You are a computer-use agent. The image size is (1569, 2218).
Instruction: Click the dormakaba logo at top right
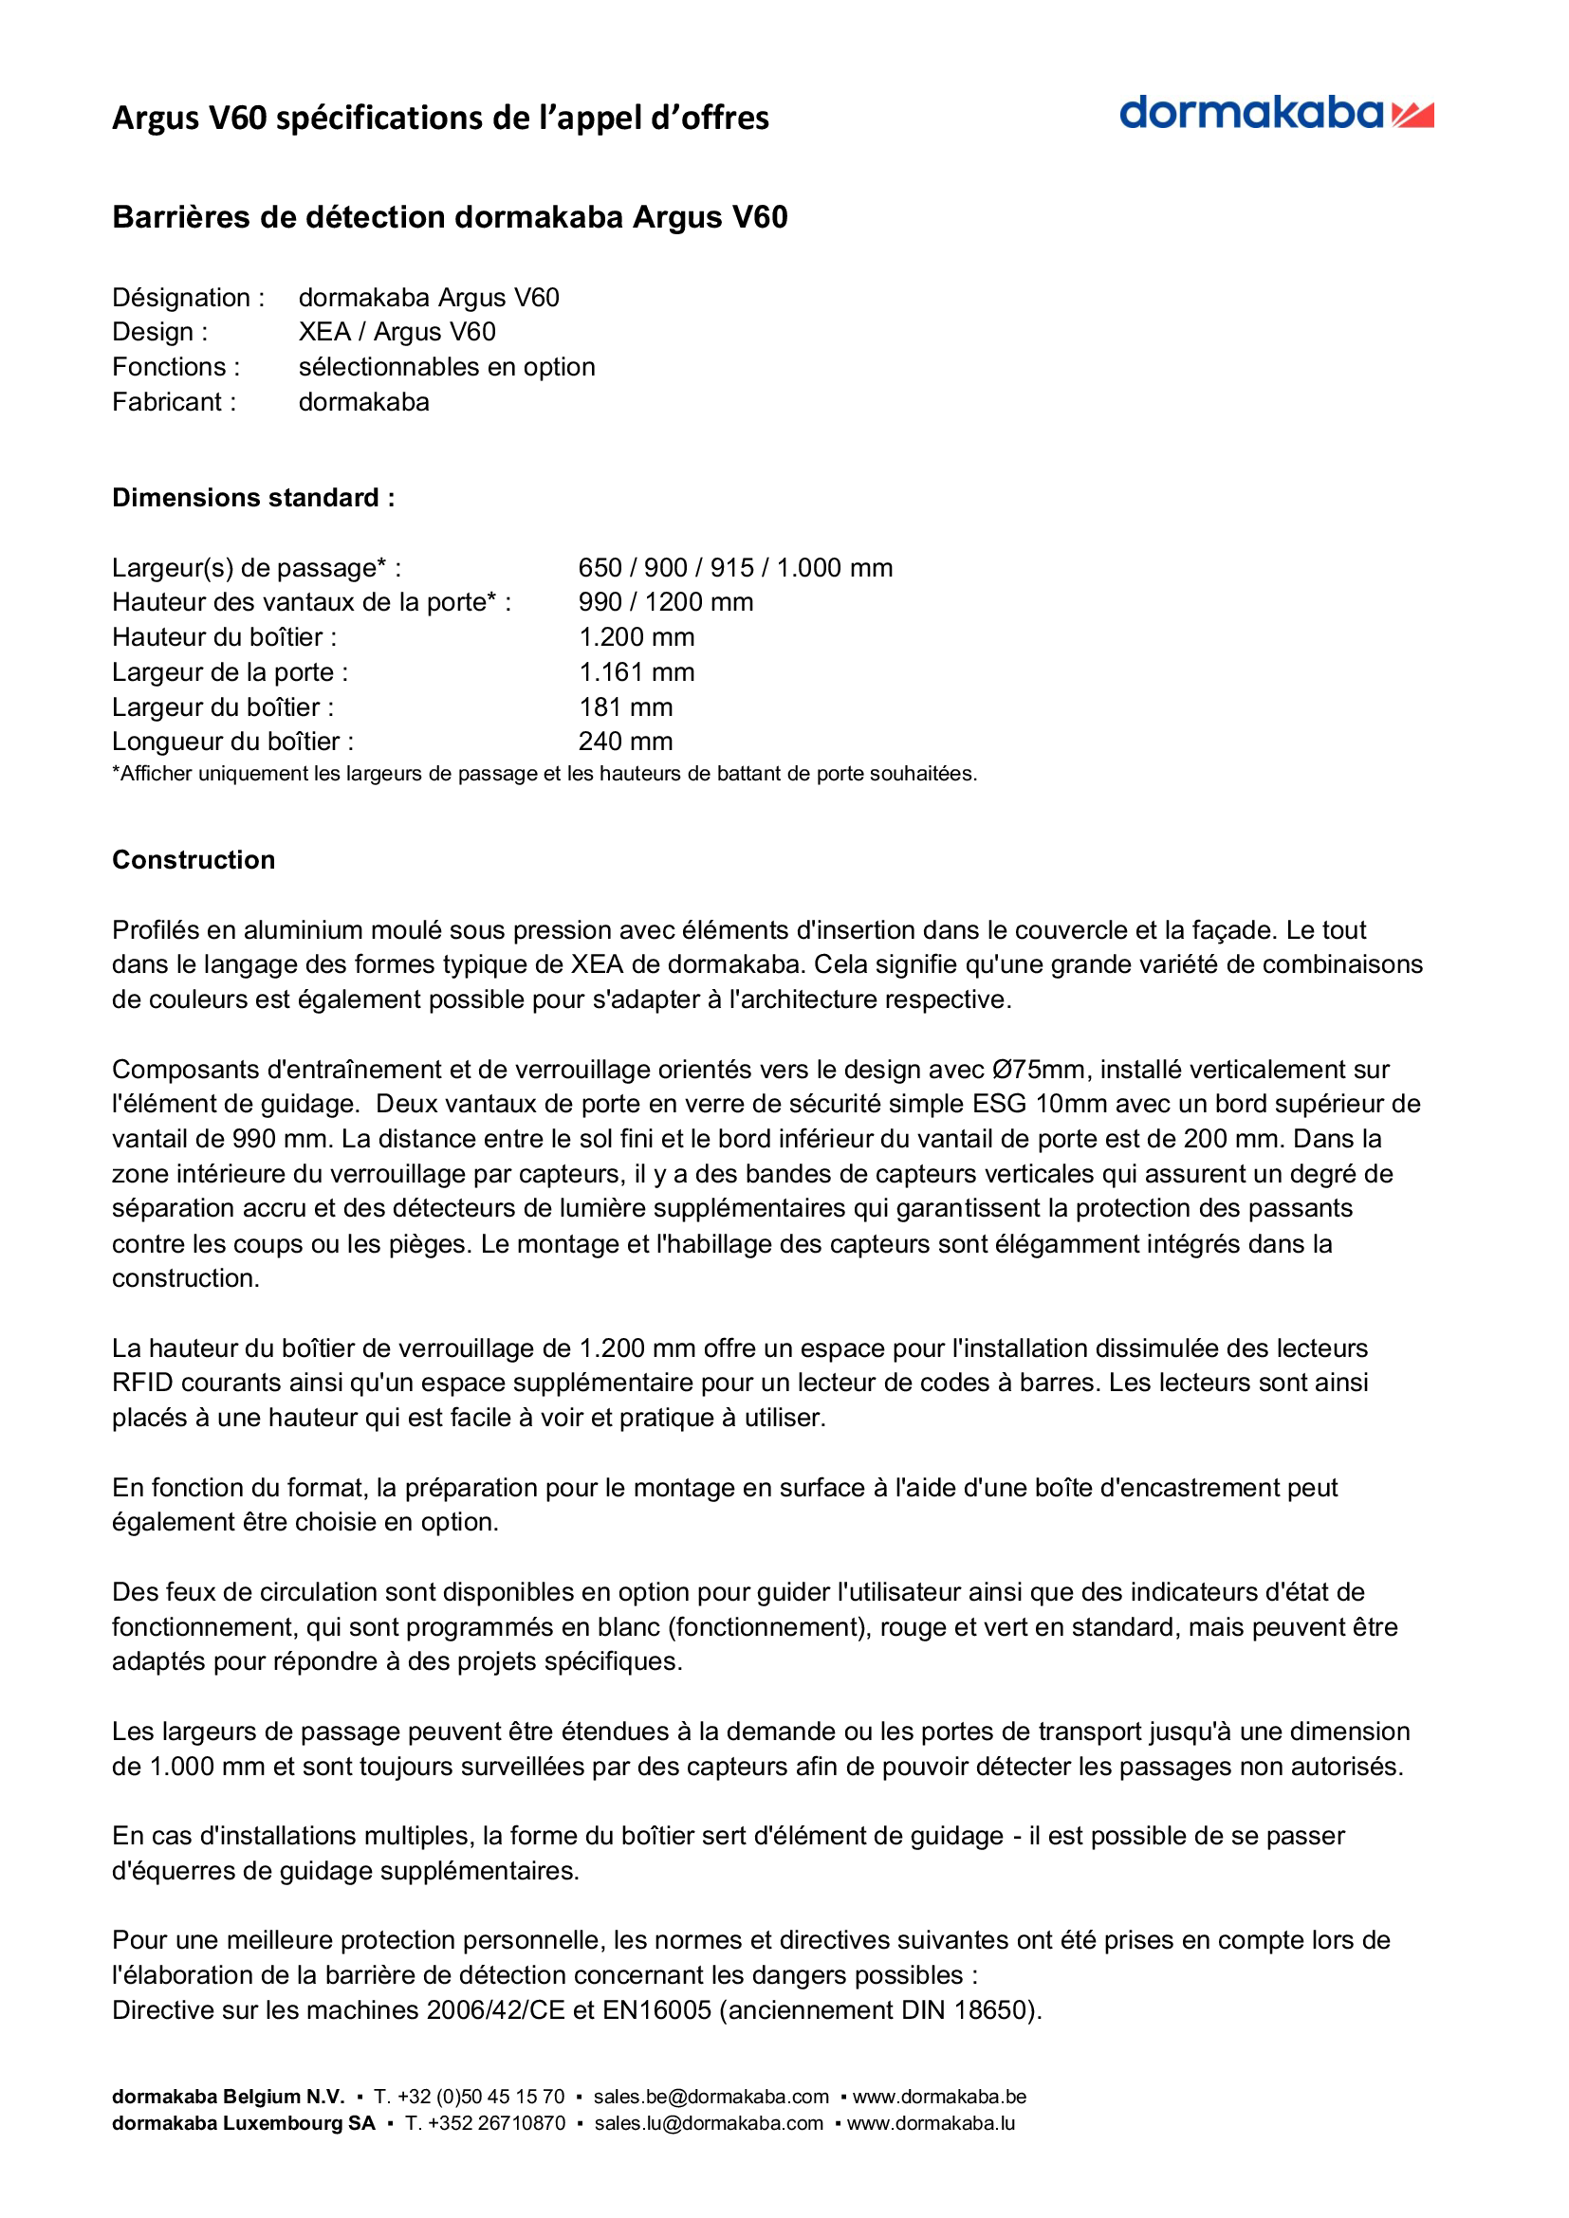tap(1275, 114)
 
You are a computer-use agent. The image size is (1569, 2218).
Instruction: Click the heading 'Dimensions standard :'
tap(253, 498)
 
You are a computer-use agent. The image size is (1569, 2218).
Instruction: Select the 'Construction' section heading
tap(194, 860)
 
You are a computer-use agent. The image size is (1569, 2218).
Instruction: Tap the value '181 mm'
tap(625, 707)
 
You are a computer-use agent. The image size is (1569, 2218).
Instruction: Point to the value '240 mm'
tap(625, 742)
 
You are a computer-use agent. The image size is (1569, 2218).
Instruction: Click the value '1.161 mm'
tap(636, 672)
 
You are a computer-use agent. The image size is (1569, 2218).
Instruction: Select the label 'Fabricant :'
tap(174, 402)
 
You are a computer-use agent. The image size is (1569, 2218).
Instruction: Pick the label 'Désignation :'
tap(189, 298)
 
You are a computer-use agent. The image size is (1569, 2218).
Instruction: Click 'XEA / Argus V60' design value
tap(397, 332)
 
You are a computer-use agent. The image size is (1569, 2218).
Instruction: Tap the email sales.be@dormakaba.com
tap(711, 2097)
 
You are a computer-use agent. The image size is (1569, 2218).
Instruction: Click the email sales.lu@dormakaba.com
tap(710, 2123)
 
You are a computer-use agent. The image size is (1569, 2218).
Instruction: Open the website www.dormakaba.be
tap(939, 2097)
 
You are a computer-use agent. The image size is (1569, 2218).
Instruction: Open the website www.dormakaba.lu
tap(932, 2123)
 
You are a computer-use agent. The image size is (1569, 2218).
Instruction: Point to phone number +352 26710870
tap(486, 2123)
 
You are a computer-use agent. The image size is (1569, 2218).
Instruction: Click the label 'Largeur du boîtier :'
tap(223, 707)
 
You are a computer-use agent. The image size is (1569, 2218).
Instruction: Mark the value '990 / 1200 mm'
tap(666, 602)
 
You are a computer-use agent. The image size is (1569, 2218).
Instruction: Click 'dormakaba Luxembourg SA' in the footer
tap(244, 2123)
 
